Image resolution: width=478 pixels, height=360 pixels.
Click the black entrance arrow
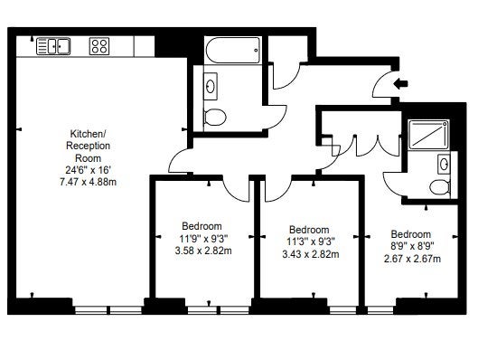coord(400,83)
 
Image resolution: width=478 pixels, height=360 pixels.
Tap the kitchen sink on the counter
coord(53,46)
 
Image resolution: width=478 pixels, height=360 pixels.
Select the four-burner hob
coord(99,46)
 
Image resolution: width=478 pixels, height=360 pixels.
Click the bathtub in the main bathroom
coord(233,50)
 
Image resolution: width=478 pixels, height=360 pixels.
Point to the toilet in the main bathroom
coord(215,118)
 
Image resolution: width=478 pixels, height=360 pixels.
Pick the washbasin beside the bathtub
coord(211,86)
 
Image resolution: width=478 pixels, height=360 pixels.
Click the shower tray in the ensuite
coord(428,134)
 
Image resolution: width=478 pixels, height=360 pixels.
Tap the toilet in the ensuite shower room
coord(440,186)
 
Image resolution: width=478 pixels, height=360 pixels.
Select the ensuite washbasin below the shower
coord(444,164)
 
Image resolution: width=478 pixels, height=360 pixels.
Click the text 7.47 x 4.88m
coord(89,182)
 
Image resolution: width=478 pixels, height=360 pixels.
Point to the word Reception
coord(89,146)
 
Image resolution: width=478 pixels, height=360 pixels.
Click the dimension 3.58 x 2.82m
coord(203,251)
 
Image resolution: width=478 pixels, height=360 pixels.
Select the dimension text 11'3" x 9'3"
coord(311,242)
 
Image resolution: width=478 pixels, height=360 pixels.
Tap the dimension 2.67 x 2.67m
coord(412,259)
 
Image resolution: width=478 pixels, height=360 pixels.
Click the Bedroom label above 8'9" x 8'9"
coord(411,234)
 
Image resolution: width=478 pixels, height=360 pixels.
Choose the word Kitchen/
coord(88,134)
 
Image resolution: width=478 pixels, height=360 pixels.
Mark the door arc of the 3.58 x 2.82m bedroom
coord(235,193)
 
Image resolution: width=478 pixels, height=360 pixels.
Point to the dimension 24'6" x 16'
coord(89,170)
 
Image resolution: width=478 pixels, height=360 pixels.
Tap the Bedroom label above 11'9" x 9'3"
coord(202,226)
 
